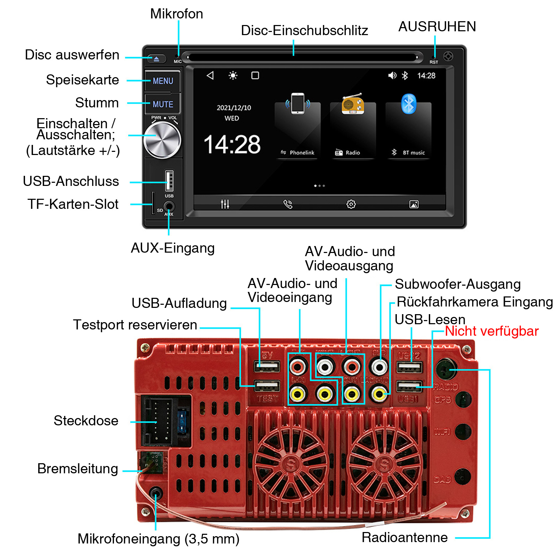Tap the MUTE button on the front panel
(x=163, y=104)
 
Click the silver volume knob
(x=162, y=140)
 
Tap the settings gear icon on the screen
(x=351, y=204)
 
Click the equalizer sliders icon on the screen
(x=225, y=204)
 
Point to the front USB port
(x=169, y=180)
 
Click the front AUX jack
(x=169, y=206)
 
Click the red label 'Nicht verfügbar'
(x=492, y=331)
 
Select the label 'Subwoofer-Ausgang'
(x=458, y=284)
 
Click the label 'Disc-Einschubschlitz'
(x=304, y=31)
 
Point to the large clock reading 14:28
(x=232, y=145)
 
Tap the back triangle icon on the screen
(x=210, y=75)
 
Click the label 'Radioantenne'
(x=404, y=537)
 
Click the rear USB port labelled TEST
(x=267, y=386)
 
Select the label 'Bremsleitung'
(x=77, y=469)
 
